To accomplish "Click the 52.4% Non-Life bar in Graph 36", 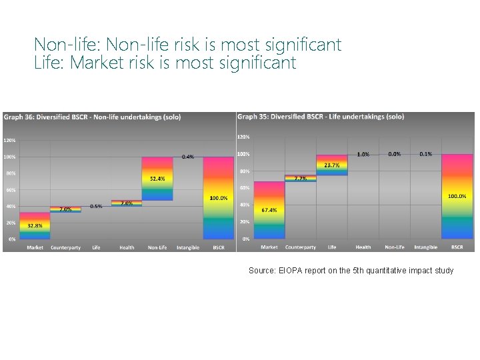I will (157, 179).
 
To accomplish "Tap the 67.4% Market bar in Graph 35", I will (269, 210).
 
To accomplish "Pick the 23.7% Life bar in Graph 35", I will (331, 165).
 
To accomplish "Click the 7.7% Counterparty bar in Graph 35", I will (301, 179).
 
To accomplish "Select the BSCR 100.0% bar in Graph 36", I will (219, 198).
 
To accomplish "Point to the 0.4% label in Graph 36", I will (188, 157).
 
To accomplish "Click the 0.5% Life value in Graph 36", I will (96, 206).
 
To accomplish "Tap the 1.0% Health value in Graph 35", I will (363, 154).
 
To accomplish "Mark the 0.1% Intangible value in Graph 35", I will (425, 154).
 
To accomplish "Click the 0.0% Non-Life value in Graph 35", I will (395, 154).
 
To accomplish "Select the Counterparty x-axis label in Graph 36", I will (65, 247).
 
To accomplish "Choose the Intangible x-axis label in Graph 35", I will (425, 247).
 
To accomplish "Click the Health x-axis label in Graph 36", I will (127, 247).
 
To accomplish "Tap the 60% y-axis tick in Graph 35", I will (245, 188).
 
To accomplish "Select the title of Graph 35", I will (321, 117).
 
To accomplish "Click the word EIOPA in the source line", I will (292, 270).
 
